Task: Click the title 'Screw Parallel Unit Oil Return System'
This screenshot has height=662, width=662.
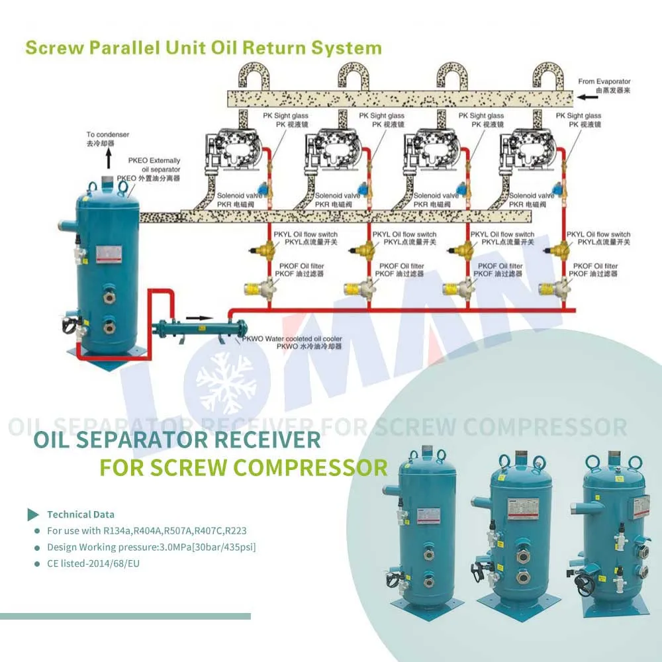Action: point(203,48)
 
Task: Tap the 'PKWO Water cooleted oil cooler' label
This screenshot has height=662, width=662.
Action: point(291,342)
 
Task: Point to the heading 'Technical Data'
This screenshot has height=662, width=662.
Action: point(80,514)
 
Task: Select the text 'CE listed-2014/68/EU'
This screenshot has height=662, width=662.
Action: point(93,563)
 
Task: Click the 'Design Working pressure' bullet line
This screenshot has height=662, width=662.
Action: point(151,547)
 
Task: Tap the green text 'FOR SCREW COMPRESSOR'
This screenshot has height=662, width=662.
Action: point(243,467)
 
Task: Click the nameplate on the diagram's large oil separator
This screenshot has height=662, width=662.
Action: point(106,254)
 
